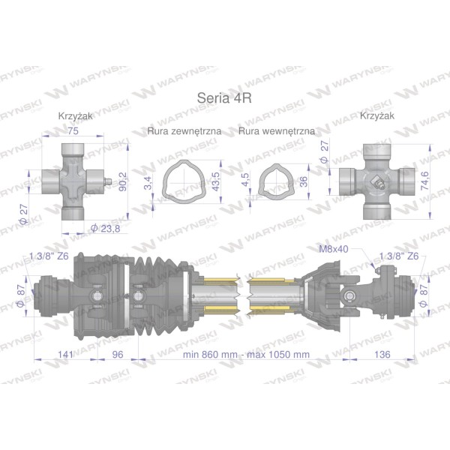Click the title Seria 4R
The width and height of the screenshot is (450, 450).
click(x=224, y=97)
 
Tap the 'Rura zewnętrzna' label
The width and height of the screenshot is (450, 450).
click(x=184, y=131)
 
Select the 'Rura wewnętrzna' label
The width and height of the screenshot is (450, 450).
click(x=277, y=131)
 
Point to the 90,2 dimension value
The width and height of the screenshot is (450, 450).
click(x=123, y=181)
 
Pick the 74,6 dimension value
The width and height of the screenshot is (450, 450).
click(x=424, y=181)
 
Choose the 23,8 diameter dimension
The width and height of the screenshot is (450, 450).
click(x=105, y=229)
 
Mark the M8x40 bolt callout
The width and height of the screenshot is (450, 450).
click(x=334, y=249)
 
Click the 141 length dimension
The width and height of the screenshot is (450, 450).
click(x=65, y=355)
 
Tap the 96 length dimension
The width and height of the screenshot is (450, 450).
click(x=118, y=355)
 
